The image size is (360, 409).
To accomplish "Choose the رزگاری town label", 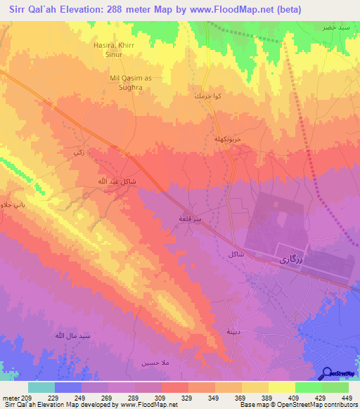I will click(x=289, y=259).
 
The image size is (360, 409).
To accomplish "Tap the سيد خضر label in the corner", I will click(x=335, y=26).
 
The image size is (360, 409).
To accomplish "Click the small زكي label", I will click(x=78, y=152).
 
